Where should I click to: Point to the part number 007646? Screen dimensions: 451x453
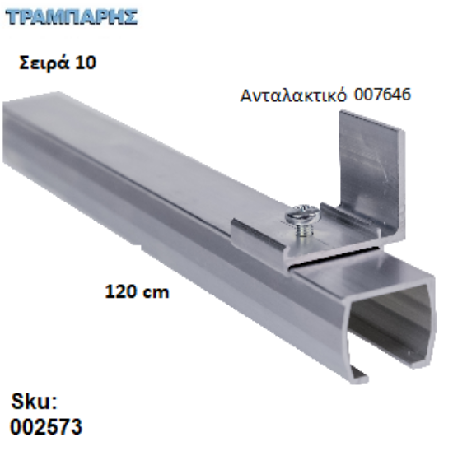coord(381,95)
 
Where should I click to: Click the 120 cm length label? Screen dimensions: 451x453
coord(137,290)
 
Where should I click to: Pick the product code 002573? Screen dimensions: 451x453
coord(46,428)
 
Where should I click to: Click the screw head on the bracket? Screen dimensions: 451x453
coord(299,216)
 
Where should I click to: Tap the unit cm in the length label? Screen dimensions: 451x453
coord(157,291)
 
